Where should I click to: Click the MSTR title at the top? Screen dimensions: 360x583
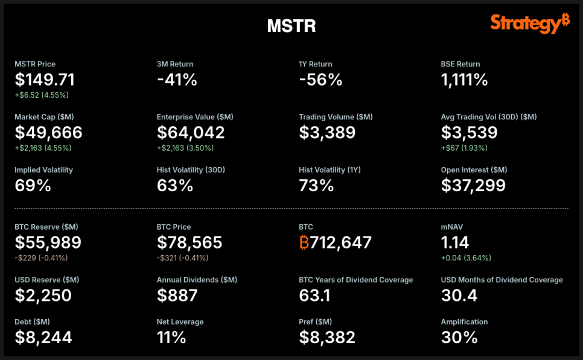[291, 26]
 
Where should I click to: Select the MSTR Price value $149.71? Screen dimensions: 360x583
[45, 80]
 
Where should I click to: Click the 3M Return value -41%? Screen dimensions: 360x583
[177, 80]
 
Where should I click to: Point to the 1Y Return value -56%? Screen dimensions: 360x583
[320, 80]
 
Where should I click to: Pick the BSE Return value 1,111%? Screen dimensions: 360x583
[464, 80]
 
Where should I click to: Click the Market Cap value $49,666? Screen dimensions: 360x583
[48, 132]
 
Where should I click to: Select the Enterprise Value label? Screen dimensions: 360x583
[195, 117]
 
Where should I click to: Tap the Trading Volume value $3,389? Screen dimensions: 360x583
[327, 132]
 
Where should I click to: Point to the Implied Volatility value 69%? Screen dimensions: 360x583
[33, 185]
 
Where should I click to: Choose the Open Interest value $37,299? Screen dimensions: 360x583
[473, 185]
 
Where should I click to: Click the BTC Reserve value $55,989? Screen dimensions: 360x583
[48, 242]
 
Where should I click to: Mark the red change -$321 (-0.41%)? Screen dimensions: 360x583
[182, 258]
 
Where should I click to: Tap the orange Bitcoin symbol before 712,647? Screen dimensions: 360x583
[304, 242]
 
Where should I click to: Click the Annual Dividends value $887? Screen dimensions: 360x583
[177, 295]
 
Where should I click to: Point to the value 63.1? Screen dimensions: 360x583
[314, 295]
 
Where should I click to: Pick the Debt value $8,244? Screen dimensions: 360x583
[43, 337]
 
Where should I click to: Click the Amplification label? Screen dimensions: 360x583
[464, 322]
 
